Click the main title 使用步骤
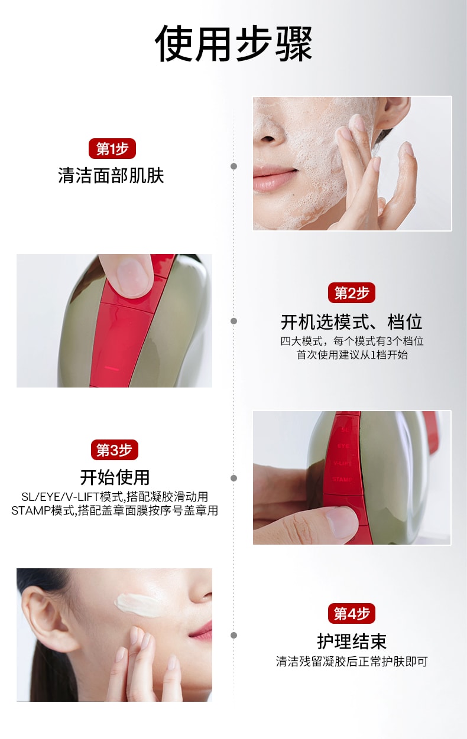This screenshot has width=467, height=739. coord(234,43)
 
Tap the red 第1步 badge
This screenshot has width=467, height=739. coord(112,149)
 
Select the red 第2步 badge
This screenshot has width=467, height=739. coord(352,292)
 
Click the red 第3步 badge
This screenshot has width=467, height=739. coord(115,450)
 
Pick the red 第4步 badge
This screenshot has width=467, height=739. coord(352,614)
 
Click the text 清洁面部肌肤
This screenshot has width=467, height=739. coord(111,175)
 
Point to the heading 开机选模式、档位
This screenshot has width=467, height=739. coord(352,322)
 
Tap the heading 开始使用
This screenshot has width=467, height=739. coord(115,477)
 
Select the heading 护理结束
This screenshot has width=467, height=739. coord(352,642)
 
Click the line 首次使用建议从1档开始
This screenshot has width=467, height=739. coord(352,355)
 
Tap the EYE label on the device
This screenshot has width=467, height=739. coord(343,446)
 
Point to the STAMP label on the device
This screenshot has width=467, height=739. coord(342,479)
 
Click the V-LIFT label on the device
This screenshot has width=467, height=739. coord(343,463)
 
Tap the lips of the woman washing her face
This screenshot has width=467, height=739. coord(275,178)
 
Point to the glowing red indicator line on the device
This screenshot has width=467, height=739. coord(112,368)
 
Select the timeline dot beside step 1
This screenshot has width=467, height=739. coord(234,166)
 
